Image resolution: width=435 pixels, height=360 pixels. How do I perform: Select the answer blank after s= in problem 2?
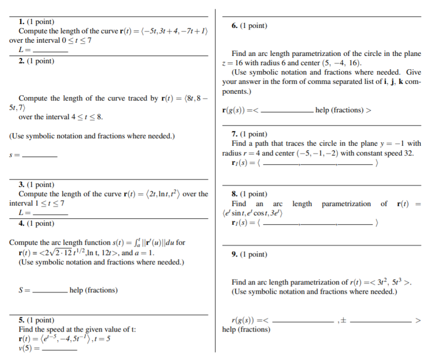[40, 156]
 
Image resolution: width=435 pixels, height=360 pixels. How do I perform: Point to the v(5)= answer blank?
[60, 349]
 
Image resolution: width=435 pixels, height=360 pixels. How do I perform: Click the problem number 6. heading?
[235, 26]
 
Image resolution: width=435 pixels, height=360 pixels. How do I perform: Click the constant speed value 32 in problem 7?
[409, 153]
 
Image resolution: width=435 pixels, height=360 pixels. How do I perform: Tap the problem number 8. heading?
[235, 194]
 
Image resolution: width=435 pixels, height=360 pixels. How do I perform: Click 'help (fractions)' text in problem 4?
[93, 290]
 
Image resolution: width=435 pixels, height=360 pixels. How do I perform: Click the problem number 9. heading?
[235, 254]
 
